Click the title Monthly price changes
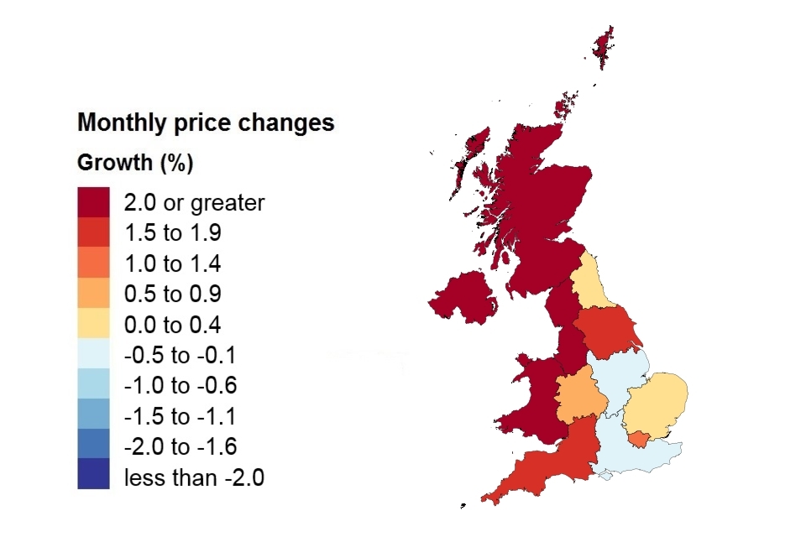pyautogui.click(x=206, y=123)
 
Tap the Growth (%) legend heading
pyautogui.click(x=135, y=163)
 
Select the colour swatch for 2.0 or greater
pyautogui.click(x=93, y=202)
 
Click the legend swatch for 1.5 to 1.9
pyautogui.click(x=93, y=232)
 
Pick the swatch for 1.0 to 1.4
pyautogui.click(x=93, y=263)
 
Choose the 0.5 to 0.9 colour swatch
pyautogui.click(x=93, y=294)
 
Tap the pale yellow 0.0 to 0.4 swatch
pyautogui.click(x=93, y=325)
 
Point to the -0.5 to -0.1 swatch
pyautogui.click(x=93, y=355)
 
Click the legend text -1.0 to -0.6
pyautogui.click(x=180, y=386)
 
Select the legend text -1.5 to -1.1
pyautogui.click(x=180, y=416)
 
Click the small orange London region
pyautogui.click(x=639, y=439)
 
